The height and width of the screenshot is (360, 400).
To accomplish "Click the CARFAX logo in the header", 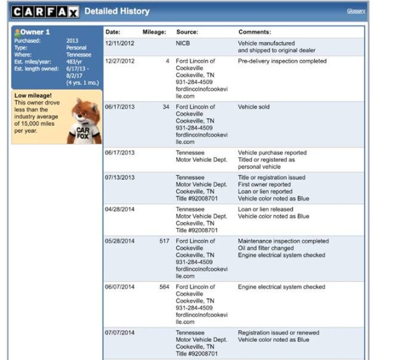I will (45, 11).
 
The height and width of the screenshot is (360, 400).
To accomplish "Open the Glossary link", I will (356, 11).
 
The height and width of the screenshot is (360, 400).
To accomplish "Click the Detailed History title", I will (117, 11).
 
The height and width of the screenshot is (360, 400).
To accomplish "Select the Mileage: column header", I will (154, 32).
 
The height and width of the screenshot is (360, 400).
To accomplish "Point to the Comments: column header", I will (255, 32).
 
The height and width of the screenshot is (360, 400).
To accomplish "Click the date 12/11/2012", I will (119, 43).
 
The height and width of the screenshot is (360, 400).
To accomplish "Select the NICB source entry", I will (183, 43).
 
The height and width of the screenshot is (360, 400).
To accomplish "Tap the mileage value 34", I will (166, 107).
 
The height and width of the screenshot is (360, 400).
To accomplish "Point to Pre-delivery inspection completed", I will (282, 61).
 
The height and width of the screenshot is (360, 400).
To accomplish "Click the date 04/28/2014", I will (119, 209).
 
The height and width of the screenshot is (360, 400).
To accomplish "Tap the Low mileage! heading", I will (32, 95).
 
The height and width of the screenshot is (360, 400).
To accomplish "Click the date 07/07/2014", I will (119, 332).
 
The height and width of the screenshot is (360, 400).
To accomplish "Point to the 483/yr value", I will (73, 62).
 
